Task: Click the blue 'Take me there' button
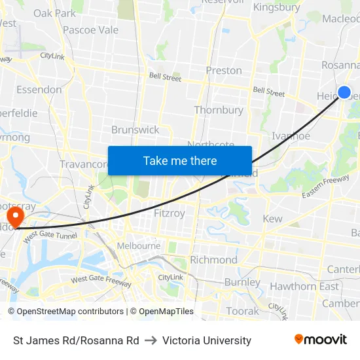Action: [180, 160]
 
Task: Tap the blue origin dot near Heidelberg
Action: [344, 92]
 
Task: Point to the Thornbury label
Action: [219, 110]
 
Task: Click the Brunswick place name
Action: [135, 130]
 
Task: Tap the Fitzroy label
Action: [169, 213]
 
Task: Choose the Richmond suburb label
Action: [213, 260]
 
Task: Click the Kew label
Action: [272, 219]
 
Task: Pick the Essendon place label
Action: [39, 89]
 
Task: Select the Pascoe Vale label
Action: [90, 30]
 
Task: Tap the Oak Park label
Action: [54, 13]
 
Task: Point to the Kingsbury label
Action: [276, 8]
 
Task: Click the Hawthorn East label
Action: [304, 286]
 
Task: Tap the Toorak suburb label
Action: [242, 311]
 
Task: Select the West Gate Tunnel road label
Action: [51, 238]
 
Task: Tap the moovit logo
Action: [321, 340]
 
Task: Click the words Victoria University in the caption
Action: [207, 340]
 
